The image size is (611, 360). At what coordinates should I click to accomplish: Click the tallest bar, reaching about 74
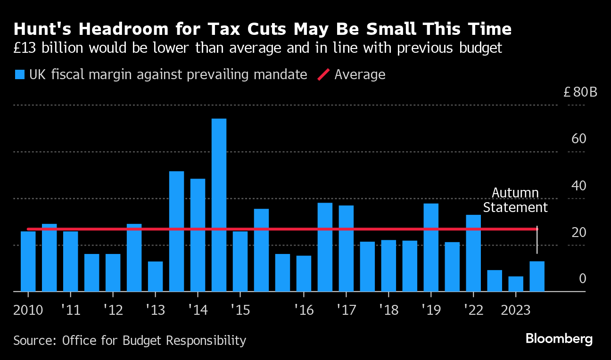pyautogui.click(x=219, y=205)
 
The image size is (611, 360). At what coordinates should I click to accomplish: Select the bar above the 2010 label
pyautogui.click(x=28, y=262)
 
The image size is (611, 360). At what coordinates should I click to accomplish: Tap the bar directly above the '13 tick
pyautogui.click(x=155, y=277)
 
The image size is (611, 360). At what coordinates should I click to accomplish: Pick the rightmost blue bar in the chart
pyautogui.click(x=537, y=277)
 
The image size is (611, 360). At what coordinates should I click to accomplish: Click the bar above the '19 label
pyautogui.click(x=431, y=247)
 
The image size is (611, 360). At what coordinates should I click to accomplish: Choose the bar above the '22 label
pyautogui.click(x=473, y=253)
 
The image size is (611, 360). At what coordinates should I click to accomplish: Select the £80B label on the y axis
pyautogui.click(x=580, y=92)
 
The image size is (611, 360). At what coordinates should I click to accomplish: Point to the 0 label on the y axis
pyautogui.click(x=582, y=279)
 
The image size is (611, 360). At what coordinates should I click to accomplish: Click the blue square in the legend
pyautogui.click(x=19, y=74)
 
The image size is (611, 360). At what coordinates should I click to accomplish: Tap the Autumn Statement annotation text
pyautogui.click(x=515, y=200)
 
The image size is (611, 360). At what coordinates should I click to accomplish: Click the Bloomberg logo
pyautogui.click(x=559, y=339)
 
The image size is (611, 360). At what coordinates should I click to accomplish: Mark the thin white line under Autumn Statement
pyautogui.click(x=537, y=240)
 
